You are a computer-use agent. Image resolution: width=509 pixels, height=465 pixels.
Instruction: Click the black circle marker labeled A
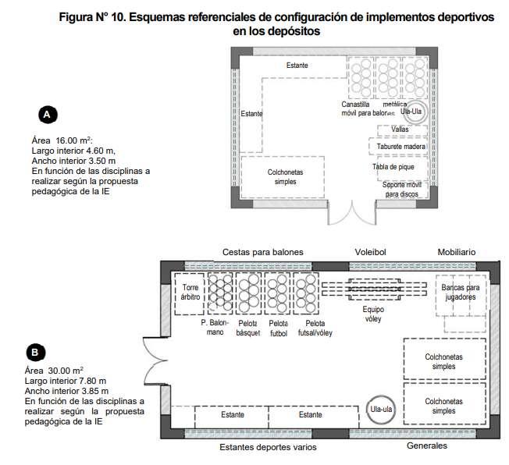[47, 115]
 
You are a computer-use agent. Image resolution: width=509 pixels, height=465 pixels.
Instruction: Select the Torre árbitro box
[190, 293]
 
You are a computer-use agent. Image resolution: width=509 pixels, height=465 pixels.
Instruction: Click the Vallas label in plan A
[400, 129]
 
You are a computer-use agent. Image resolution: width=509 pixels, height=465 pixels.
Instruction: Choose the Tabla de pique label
[398, 166]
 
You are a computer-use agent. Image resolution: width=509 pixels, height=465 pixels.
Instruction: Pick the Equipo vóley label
[368, 314]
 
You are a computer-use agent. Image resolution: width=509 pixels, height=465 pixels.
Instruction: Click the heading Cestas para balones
[262, 252]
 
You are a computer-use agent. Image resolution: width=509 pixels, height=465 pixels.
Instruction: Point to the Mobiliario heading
[456, 252]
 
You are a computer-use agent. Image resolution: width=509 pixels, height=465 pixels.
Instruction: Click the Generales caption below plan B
[427, 445]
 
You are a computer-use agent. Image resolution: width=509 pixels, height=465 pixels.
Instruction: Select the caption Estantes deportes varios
[268, 448]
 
